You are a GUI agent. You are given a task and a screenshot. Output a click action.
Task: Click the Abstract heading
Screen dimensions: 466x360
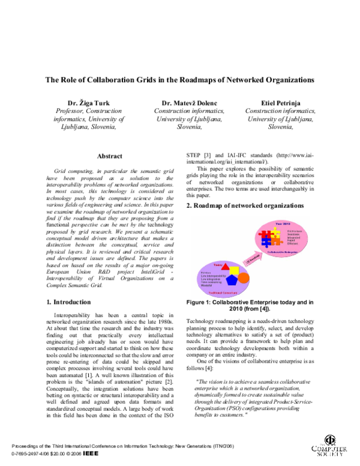coord(109,156)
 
